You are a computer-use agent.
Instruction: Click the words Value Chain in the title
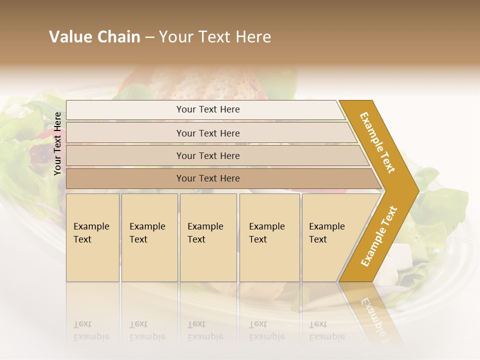[x=94, y=37]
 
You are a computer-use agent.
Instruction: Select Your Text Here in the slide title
[x=215, y=37]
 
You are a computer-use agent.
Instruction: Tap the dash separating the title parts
[x=149, y=37]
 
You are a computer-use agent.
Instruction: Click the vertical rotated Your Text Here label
[x=58, y=143]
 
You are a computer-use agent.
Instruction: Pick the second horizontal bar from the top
[x=208, y=133]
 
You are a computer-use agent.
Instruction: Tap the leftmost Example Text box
[x=92, y=237]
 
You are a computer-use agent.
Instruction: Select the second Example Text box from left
[x=149, y=237]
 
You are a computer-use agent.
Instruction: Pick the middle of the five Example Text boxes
[x=208, y=237]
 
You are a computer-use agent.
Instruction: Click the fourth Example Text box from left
[x=269, y=237]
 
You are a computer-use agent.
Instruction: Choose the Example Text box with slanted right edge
[x=330, y=237]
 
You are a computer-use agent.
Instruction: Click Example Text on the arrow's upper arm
[x=377, y=142]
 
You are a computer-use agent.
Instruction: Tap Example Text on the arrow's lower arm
[x=378, y=236]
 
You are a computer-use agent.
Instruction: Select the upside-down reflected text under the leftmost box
[x=91, y=330]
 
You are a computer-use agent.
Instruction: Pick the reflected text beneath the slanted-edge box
[x=327, y=330]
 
